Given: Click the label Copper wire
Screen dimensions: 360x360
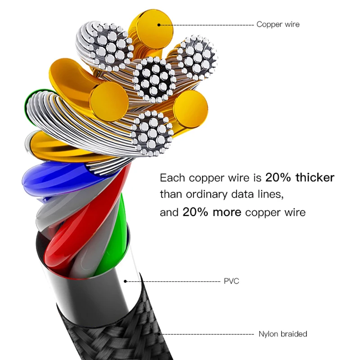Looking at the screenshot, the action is [x=278, y=24].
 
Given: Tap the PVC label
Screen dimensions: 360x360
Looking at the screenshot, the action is [x=231, y=281].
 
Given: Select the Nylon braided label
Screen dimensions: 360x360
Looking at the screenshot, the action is [x=283, y=334].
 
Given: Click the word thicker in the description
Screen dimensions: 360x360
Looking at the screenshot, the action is [x=315, y=177].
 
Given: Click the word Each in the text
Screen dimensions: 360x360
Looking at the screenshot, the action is [x=173, y=177].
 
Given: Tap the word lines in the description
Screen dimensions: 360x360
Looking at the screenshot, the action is [x=272, y=195].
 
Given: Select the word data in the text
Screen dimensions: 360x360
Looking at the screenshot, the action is [x=245, y=195].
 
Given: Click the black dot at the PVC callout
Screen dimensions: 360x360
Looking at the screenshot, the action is [x=126, y=281].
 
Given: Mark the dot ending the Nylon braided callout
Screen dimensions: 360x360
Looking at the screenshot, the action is [x=160, y=334].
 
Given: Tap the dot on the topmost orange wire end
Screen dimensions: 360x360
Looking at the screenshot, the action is [x=159, y=24].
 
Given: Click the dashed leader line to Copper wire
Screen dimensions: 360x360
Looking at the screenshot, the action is [x=207, y=24].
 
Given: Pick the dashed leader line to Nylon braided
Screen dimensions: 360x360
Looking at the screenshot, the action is [x=207, y=334].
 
